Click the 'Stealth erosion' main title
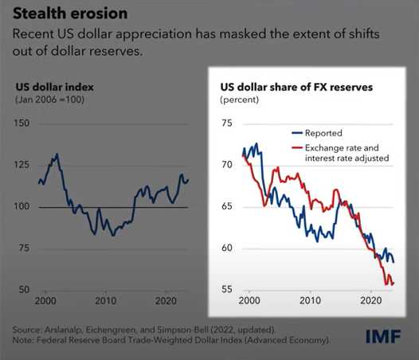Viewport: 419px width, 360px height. [70, 14]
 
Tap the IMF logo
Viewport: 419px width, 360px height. [383, 336]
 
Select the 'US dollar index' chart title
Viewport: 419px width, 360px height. [55, 87]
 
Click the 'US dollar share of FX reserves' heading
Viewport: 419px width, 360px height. [296, 87]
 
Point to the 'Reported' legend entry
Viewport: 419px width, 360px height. [317, 133]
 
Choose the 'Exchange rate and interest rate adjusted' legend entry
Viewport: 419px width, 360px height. [340, 153]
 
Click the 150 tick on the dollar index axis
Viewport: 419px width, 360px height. [22, 123]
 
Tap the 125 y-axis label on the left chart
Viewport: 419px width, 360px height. [22, 165]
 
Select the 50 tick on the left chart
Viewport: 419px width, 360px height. [24, 289]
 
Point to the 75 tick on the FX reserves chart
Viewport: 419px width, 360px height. [227, 123]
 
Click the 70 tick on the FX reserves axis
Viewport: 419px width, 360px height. [227, 165]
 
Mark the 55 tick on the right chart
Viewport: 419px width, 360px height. [227, 289]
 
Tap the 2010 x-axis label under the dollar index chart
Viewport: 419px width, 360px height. [106, 301]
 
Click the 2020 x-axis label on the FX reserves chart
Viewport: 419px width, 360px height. [371, 300]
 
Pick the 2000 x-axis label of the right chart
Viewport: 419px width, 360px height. [249, 300]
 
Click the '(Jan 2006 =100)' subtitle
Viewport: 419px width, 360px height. [49, 100]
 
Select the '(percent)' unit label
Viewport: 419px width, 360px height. [240, 100]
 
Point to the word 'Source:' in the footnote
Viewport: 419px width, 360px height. [27, 330]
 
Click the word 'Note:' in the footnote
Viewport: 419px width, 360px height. [23, 340]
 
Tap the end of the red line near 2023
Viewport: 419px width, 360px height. [394, 284]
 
